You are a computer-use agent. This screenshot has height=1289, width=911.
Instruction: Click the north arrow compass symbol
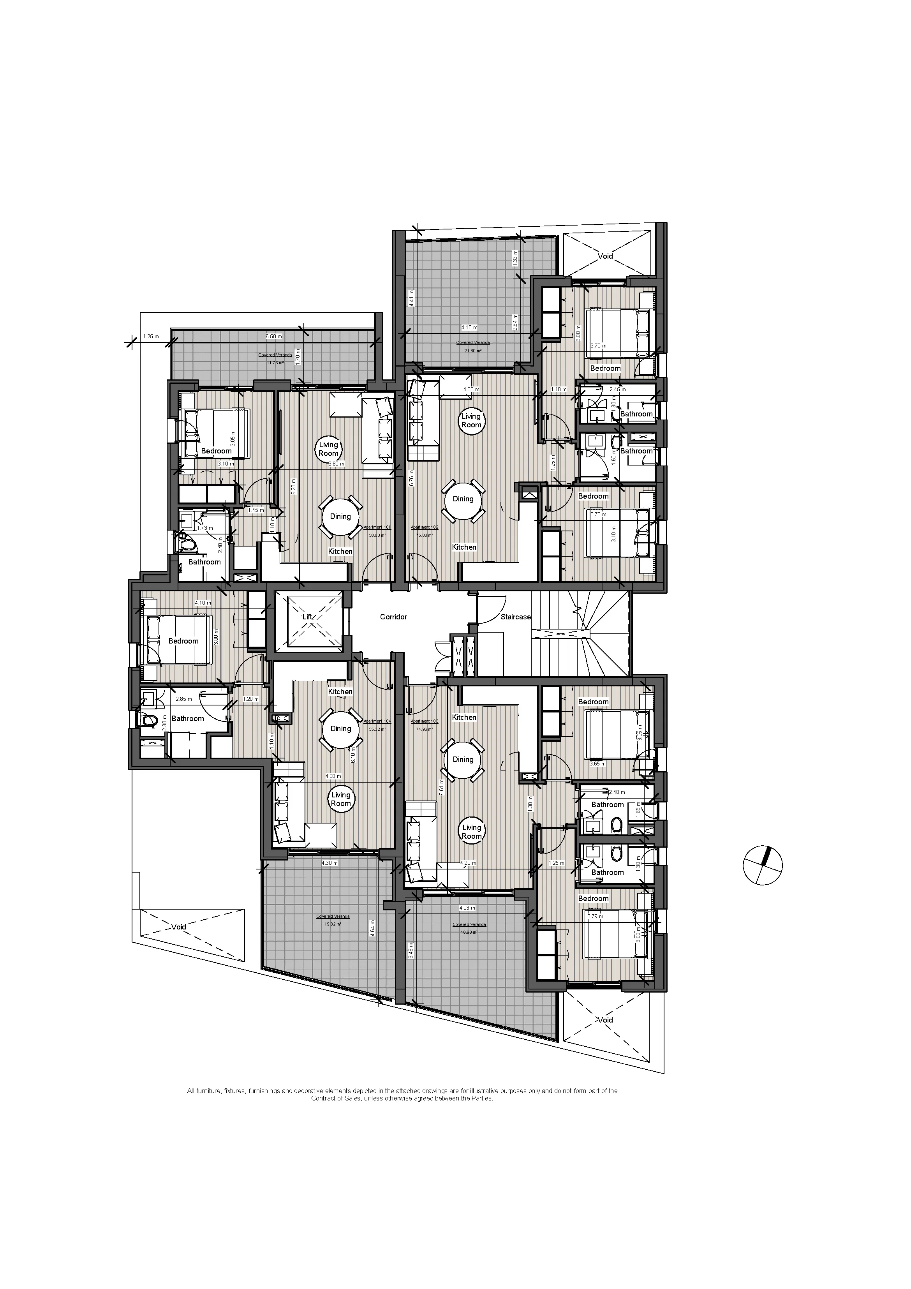(762, 865)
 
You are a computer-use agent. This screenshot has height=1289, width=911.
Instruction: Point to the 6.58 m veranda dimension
(273, 336)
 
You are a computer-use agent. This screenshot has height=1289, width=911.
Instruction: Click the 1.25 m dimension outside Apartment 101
(151, 336)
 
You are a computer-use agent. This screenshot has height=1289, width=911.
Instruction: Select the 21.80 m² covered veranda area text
(472, 350)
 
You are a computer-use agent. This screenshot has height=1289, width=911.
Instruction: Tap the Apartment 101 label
(377, 528)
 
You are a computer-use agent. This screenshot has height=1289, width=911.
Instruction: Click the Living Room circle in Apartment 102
(471, 420)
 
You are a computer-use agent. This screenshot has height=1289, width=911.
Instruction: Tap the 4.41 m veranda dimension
(411, 297)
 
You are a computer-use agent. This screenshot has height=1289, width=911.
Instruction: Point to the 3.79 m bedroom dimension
(595, 917)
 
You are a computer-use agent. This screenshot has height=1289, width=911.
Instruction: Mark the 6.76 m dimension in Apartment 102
(411, 477)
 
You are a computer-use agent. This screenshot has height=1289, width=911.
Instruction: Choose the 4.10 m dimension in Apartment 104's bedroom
(203, 603)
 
